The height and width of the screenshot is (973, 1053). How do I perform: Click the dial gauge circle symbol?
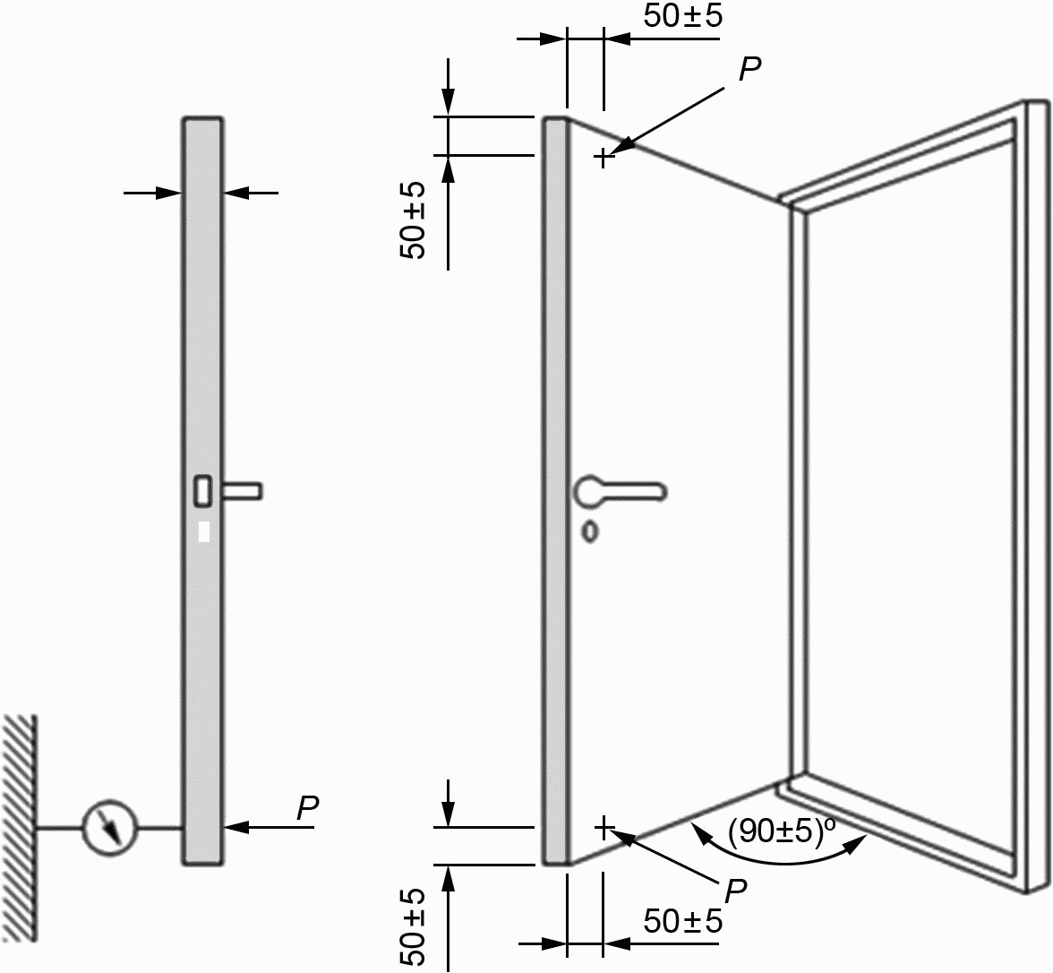109,828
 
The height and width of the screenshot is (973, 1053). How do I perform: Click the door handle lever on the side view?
243,491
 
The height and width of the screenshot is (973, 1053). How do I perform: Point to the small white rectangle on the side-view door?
205,531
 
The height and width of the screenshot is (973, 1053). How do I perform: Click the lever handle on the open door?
620,491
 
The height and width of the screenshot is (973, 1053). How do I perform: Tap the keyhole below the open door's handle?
590,531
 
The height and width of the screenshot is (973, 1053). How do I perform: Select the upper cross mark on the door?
604,158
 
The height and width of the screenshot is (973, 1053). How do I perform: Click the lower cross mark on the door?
604,828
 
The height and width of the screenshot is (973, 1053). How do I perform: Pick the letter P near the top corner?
749,68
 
